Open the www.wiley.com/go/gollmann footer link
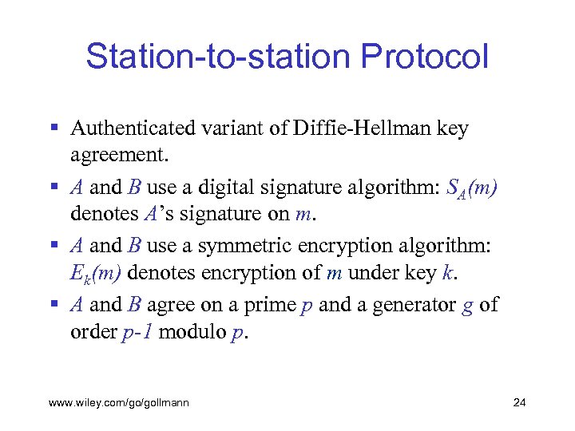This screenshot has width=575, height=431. point(119,403)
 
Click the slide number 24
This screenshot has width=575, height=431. point(519,403)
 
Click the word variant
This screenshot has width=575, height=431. point(221,129)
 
